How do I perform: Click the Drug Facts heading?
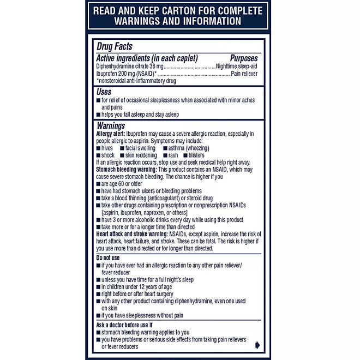point(114,47)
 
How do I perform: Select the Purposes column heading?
point(244,58)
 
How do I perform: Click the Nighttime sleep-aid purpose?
point(237,66)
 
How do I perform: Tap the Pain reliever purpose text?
point(244,73)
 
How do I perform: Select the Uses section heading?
point(104,92)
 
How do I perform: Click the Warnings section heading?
point(111,125)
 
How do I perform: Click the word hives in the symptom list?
point(107,148)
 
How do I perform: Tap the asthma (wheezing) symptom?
point(190,148)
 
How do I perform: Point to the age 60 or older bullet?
point(123,184)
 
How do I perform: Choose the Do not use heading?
point(107,257)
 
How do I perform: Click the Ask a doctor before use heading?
point(124,325)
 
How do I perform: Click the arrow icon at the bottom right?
point(257,345)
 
